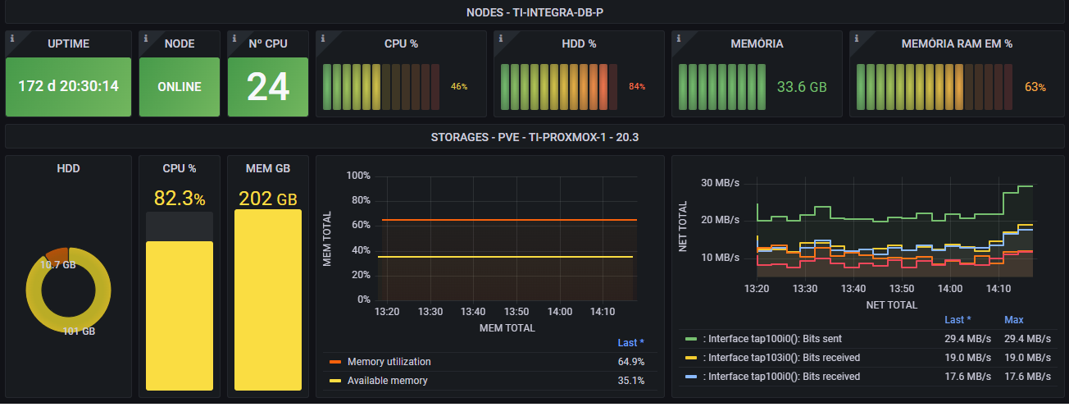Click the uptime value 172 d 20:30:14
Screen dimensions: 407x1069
(68, 85)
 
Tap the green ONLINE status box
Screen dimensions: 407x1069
(180, 86)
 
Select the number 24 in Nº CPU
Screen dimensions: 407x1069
(268, 86)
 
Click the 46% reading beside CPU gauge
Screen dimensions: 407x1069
(459, 86)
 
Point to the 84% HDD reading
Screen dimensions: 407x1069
(637, 86)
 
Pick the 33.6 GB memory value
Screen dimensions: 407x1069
(802, 86)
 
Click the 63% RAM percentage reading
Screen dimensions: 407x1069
(1035, 86)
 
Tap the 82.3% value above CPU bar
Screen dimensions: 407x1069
(180, 198)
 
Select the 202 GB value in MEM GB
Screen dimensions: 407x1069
(268, 198)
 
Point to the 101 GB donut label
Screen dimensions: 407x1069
(79, 332)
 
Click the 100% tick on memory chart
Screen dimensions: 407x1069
(360, 176)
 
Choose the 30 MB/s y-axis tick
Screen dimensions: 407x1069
(721, 183)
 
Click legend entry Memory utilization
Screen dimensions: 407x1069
(389, 362)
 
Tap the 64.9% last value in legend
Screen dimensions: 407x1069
(630, 362)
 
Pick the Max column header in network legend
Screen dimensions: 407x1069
(1014, 320)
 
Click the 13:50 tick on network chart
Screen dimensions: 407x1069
(902, 289)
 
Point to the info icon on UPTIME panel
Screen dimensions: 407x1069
(11, 38)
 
